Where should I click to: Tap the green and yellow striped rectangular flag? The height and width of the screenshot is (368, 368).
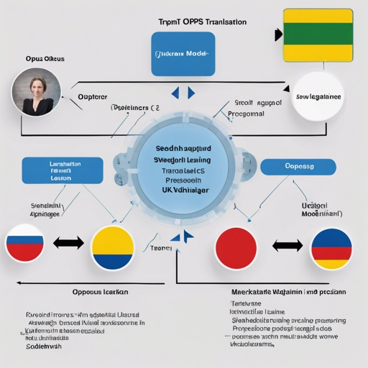318,35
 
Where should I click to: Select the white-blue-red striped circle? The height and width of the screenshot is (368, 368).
25,244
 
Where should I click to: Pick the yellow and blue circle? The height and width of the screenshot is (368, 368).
113,248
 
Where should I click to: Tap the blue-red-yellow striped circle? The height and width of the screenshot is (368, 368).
331,248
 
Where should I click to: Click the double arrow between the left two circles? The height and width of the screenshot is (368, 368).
68,243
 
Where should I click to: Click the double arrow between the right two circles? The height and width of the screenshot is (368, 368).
287,247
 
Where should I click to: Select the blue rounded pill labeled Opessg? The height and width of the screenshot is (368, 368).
298,166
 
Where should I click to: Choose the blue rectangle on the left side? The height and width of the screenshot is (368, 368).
55,171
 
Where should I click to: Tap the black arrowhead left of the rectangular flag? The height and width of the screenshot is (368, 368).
277,34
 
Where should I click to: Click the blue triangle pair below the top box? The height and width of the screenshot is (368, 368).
183,93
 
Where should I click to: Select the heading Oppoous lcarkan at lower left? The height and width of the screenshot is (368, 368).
101,293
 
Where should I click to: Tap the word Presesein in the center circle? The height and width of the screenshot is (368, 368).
182,181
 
